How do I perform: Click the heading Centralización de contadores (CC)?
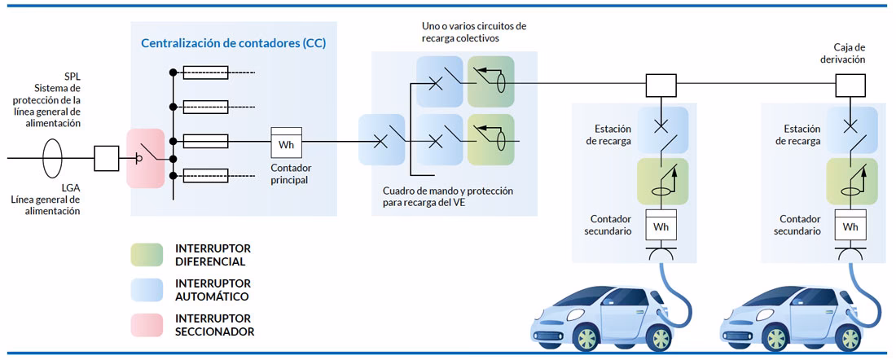pyautogui.click(x=234, y=43)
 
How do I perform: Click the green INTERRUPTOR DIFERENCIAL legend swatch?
pyautogui.click(x=147, y=254)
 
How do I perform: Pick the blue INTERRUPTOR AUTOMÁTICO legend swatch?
pyautogui.click(x=147, y=290)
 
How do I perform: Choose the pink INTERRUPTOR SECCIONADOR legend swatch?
pyautogui.click(x=147, y=325)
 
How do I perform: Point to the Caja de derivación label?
pyautogui.click(x=849, y=54)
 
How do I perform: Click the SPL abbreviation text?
pyautogui.click(x=72, y=76)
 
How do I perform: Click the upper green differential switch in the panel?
pyautogui.click(x=490, y=81)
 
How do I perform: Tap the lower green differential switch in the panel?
pyautogui.click(x=490, y=139)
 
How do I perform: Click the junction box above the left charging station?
pyautogui.click(x=661, y=83)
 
